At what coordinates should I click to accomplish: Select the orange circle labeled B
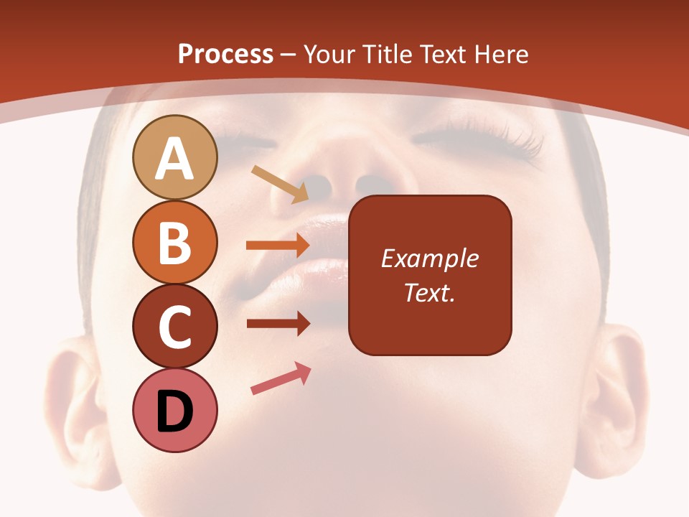(x=174, y=243)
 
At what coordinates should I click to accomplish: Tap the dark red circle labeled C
(x=174, y=327)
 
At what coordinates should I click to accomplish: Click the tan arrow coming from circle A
(x=280, y=184)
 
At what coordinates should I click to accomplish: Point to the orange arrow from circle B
(x=277, y=246)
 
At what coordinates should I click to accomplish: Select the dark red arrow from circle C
(x=277, y=324)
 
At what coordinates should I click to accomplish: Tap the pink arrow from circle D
(x=281, y=379)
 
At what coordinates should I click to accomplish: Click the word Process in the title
(x=225, y=55)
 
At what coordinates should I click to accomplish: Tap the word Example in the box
(x=429, y=258)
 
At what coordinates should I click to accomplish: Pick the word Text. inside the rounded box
(x=429, y=292)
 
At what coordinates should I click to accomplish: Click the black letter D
(x=174, y=412)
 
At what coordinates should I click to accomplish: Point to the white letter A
(x=174, y=159)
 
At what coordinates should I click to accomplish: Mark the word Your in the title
(x=329, y=55)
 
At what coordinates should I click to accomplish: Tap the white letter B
(x=174, y=243)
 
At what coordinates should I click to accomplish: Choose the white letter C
(x=174, y=327)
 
